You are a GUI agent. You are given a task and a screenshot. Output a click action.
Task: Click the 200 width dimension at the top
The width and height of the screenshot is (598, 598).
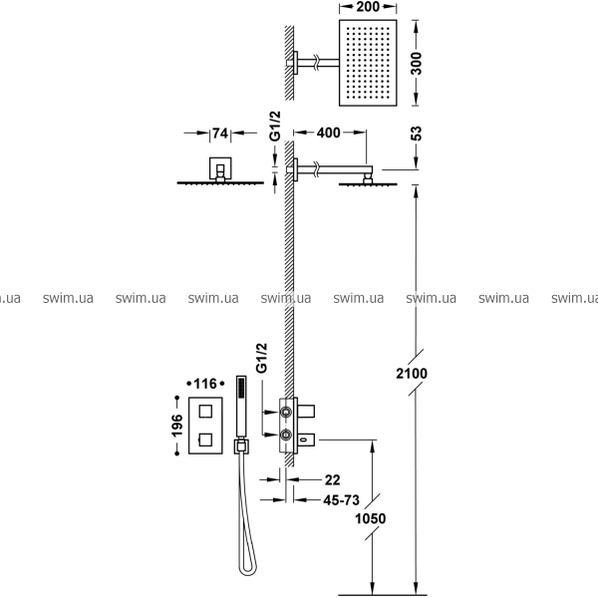[x=368, y=7]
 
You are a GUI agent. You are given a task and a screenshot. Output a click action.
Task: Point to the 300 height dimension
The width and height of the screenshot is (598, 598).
[x=416, y=64]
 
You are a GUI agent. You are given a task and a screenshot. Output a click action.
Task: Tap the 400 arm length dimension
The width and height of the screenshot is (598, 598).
[x=328, y=133]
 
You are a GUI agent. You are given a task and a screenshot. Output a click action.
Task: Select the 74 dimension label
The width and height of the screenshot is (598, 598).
[x=220, y=134]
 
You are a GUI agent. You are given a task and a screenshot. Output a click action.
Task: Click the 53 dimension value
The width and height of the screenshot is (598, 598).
[x=417, y=134]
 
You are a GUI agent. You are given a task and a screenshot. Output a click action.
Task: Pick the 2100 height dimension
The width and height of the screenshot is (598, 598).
[x=412, y=374]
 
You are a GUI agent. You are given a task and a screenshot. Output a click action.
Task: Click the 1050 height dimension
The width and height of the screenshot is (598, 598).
[x=371, y=518]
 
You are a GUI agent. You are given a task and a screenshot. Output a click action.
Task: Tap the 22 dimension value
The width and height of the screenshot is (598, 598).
[x=332, y=480]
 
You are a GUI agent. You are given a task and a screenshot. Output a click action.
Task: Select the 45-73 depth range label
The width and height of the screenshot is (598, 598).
[x=341, y=500]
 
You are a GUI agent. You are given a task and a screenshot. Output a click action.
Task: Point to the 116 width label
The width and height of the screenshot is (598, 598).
[x=205, y=384]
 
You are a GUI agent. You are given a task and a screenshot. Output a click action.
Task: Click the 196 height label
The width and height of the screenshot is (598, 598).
[x=177, y=426]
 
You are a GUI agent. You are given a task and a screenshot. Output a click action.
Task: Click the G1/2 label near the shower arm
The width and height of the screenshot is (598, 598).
[x=275, y=126]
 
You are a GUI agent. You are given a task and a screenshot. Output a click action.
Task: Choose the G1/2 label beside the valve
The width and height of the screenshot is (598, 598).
[x=261, y=358]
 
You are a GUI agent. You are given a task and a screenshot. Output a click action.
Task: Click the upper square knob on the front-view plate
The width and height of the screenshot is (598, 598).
[x=205, y=412]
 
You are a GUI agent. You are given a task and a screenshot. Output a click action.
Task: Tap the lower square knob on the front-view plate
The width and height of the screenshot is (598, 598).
[x=205, y=440]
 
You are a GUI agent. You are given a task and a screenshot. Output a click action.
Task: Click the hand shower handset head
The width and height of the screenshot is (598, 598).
[x=241, y=407]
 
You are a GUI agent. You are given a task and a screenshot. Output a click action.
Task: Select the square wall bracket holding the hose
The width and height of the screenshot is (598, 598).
[x=241, y=447]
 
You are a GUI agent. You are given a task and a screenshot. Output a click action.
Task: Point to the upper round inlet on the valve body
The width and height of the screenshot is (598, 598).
[x=286, y=412]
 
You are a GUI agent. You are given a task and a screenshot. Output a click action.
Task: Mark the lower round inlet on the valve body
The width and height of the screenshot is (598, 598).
[x=286, y=435]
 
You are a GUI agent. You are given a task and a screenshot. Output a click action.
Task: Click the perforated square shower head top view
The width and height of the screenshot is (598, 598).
[x=368, y=63]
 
